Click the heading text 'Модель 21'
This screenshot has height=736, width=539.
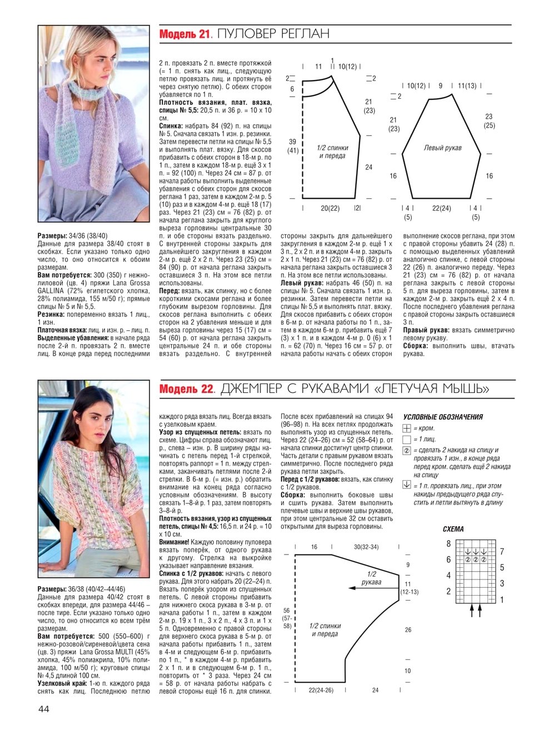pyautogui.click(x=185, y=34)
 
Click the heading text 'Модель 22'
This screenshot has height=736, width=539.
pyautogui.click(x=186, y=389)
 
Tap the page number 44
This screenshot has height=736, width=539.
pyautogui.click(x=44, y=709)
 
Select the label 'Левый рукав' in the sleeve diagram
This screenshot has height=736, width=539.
pyautogui.click(x=442, y=148)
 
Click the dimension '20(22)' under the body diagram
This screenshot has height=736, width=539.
pyautogui.click(x=330, y=209)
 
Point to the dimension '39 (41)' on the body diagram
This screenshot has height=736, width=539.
pyautogui.click(x=293, y=146)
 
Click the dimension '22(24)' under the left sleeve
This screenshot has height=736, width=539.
pyautogui.click(x=442, y=209)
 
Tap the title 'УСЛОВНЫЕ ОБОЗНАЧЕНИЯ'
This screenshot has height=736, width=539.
pyautogui.click(x=443, y=417)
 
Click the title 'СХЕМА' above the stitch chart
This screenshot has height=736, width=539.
pyautogui.click(x=453, y=529)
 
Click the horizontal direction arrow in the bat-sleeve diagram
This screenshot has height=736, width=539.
pyautogui.click(x=367, y=587)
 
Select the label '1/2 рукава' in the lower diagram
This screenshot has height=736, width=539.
pyautogui.click(x=371, y=578)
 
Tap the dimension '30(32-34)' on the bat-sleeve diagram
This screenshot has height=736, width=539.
pyautogui.click(x=366, y=547)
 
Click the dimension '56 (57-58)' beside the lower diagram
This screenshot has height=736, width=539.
pyautogui.click(x=287, y=618)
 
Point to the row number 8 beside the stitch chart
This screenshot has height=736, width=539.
pyautogui.click(x=448, y=544)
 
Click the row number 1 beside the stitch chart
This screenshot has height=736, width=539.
pyautogui.click(x=502, y=600)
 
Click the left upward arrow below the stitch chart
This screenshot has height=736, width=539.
pyautogui.click(x=471, y=610)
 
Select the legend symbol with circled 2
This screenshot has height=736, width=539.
pyautogui.click(x=406, y=451)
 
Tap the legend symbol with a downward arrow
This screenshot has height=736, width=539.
pyautogui.click(x=406, y=485)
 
